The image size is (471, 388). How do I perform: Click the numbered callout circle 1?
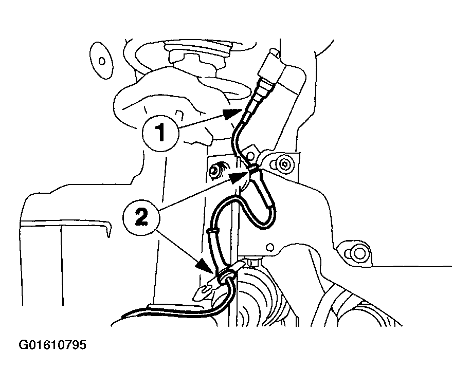(161, 133)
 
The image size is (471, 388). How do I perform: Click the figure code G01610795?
(52, 345)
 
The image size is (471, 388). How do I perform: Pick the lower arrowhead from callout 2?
(206, 266)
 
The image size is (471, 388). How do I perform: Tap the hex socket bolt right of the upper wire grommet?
(284, 164)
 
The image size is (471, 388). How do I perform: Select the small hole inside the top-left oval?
(102, 61)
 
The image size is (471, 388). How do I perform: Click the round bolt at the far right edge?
(358, 253)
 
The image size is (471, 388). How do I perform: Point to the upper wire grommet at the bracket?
(255, 169)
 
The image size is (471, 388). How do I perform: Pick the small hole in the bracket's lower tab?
(270, 247)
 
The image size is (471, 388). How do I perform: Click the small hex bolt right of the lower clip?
(253, 262)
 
